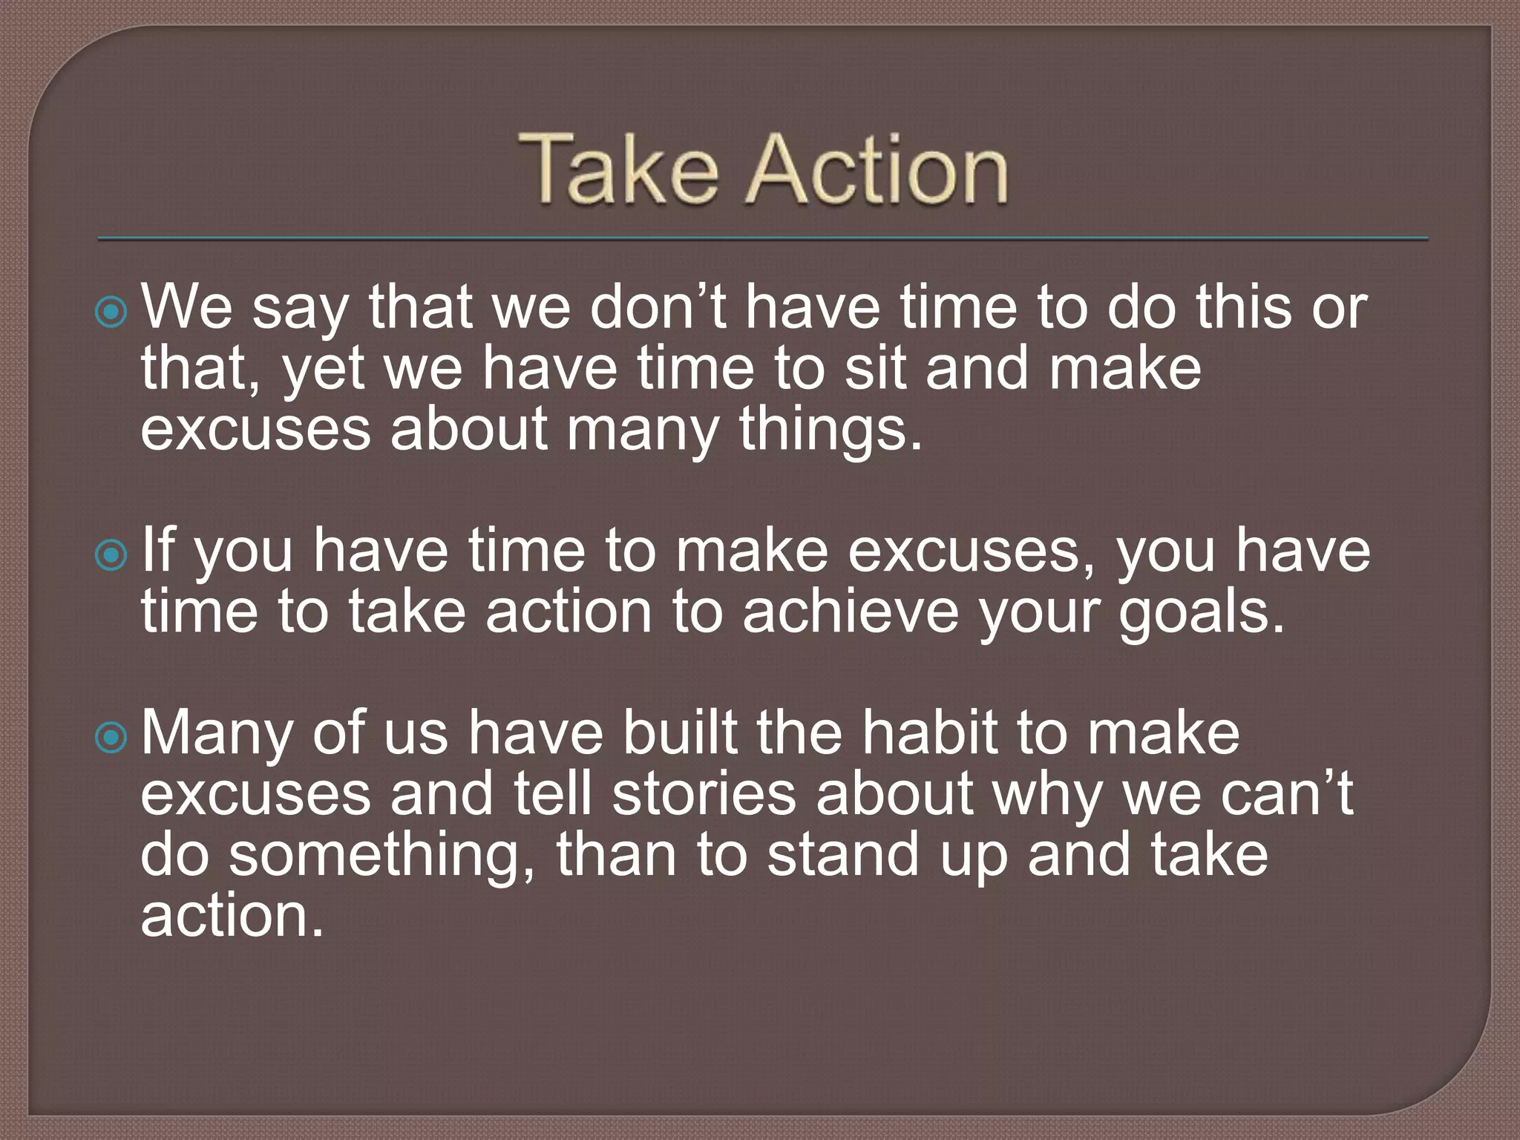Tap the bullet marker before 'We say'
point(112,312)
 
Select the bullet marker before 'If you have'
point(112,554)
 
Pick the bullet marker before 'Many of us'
point(112,737)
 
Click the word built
point(680,733)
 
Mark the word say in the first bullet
point(300,310)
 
